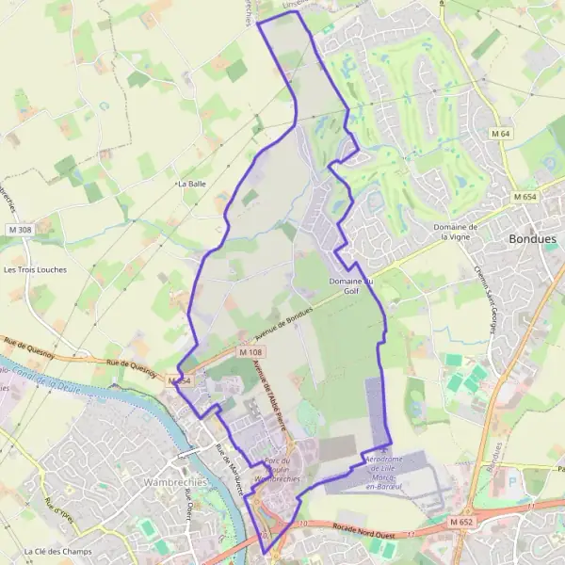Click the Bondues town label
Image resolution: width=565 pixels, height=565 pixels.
click(532, 239)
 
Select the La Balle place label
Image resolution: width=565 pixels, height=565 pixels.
click(191, 185)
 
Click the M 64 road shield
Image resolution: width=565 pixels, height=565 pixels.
click(499, 135)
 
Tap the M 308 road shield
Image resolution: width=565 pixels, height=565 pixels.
click(19, 230)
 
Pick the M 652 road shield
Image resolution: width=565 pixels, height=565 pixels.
click(460, 522)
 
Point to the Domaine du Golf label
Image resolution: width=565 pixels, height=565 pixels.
click(351, 286)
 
